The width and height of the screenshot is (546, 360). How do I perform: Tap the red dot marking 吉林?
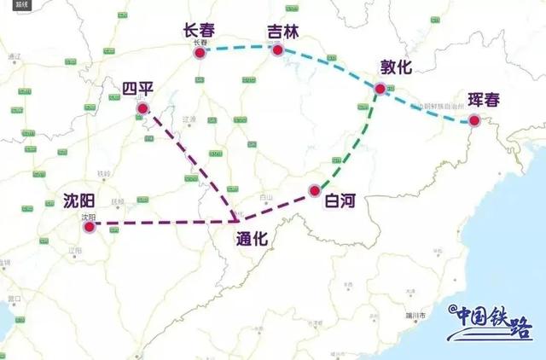(x=277, y=51)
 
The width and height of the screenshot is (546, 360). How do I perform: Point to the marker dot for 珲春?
(x=474, y=121)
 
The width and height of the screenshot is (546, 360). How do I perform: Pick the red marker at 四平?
(x=142, y=108)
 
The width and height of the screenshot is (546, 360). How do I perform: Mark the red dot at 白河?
(x=315, y=189)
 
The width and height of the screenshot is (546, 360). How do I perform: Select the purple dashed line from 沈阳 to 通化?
(x=162, y=224)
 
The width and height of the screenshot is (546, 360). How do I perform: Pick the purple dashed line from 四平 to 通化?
(x=192, y=166)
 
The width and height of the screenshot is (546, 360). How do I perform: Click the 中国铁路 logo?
(x=491, y=322)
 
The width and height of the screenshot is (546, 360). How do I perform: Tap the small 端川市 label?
(x=415, y=314)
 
